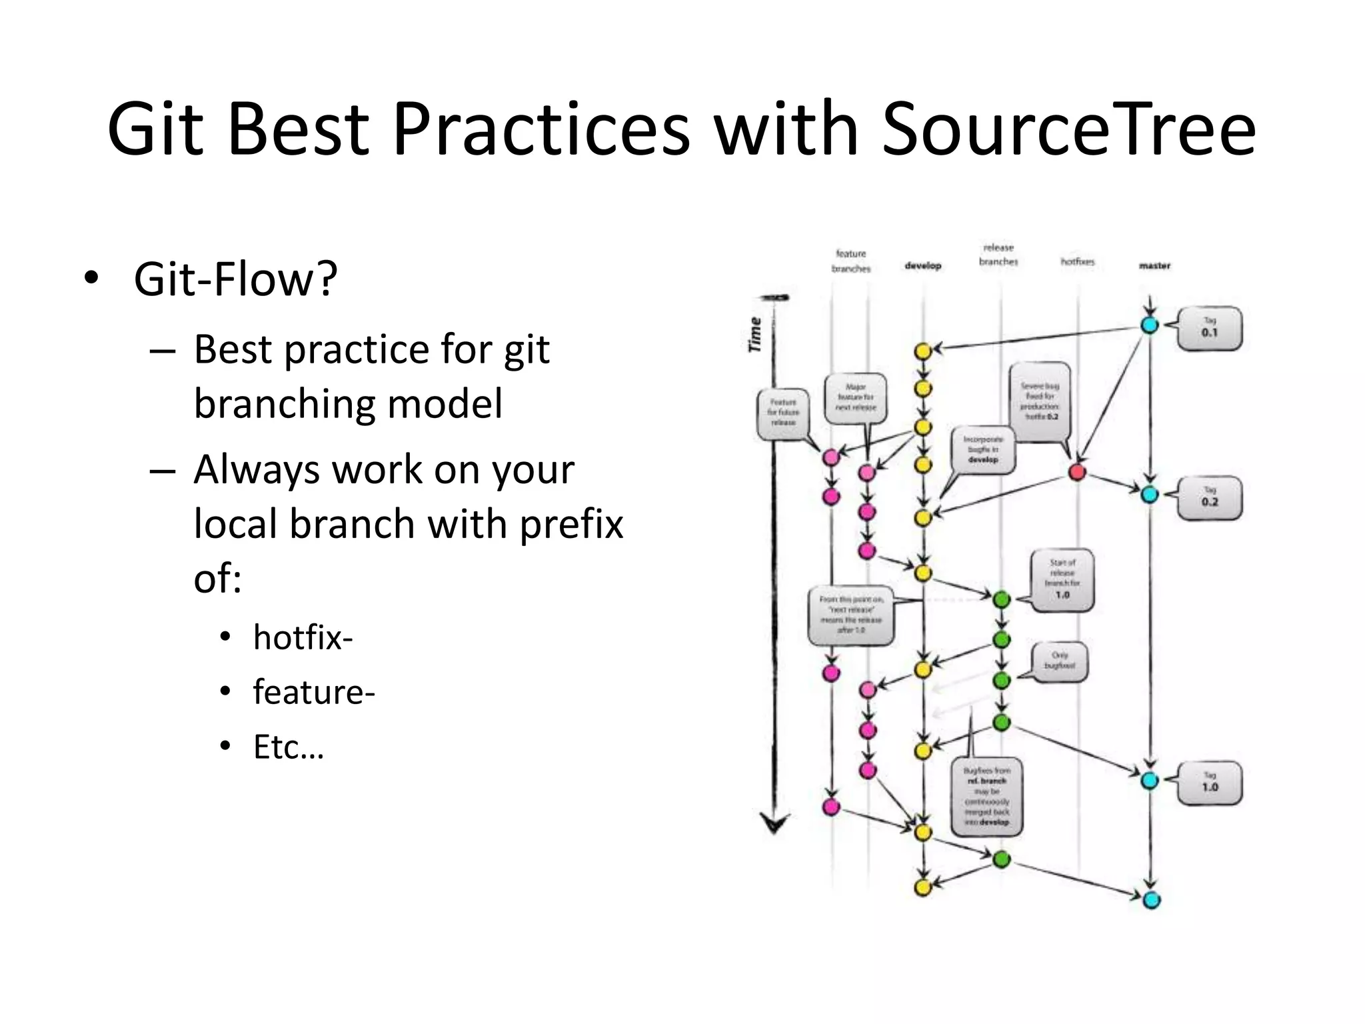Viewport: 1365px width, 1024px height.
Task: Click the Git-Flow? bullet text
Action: pyautogui.click(x=235, y=279)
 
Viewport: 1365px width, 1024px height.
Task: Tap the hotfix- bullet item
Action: pyautogui.click(x=303, y=637)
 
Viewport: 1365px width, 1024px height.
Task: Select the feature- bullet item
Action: pyautogui.click(x=314, y=692)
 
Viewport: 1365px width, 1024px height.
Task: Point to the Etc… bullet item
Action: pyautogui.click(x=288, y=747)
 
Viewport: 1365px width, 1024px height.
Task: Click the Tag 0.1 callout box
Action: pyautogui.click(x=1209, y=328)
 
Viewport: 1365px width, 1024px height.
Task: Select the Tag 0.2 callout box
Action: pyautogui.click(x=1209, y=498)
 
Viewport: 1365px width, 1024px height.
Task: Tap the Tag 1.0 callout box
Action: pyautogui.click(x=1209, y=783)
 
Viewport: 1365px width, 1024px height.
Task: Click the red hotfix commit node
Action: pyautogui.click(x=1077, y=472)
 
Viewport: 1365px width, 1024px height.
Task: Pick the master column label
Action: pyautogui.click(x=1154, y=265)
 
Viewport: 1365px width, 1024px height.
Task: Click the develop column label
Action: pyautogui.click(x=922, y=265)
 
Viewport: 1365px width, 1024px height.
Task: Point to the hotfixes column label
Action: pyautogui.click(x=1077, y=262)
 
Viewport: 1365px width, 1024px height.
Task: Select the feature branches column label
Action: pyautogui.click(x=851, y=261)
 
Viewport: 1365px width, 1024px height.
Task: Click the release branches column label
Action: pyautogui.click(x=998, y=255)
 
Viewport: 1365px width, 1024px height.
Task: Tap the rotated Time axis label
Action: pyautogui.click(x=754, y=335)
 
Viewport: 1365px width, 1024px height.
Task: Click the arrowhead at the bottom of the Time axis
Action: pyautogui.click(x=774, y=825)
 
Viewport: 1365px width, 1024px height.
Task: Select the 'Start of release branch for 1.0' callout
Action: pyautogui.click(x=1062, y=579)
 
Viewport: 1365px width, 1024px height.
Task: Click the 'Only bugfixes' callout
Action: pyautogui.click(x=1059, y=661)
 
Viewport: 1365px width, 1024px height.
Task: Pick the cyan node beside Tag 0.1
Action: pyautogui.click(x=1150, y=325)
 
